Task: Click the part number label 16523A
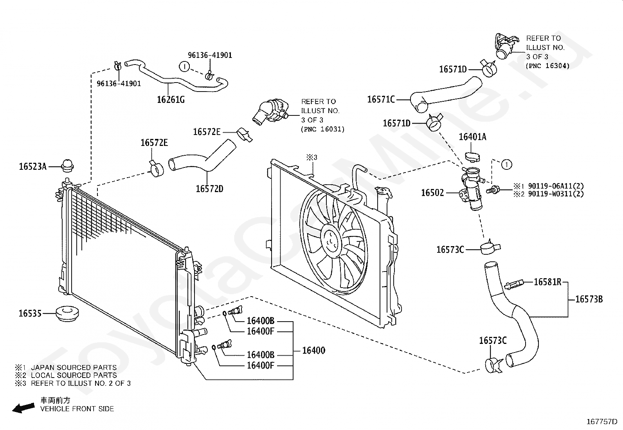pos(32,167)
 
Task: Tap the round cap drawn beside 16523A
pos(67,166)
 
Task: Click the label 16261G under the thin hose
pos(171,99)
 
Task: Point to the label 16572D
pos(209,189)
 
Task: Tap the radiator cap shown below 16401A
pos(472,157)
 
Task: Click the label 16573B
pos(589,300)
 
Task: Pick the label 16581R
pos(547,282)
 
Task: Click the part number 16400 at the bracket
pos(313,350)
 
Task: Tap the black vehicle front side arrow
pos(22,408)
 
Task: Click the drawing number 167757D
pos(601,422)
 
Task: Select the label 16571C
pos(381,99)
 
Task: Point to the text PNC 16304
pos(547,66)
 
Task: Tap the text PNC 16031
pos(322,129)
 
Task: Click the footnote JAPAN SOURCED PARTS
pos(74,367)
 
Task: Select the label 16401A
pos(472,137)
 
